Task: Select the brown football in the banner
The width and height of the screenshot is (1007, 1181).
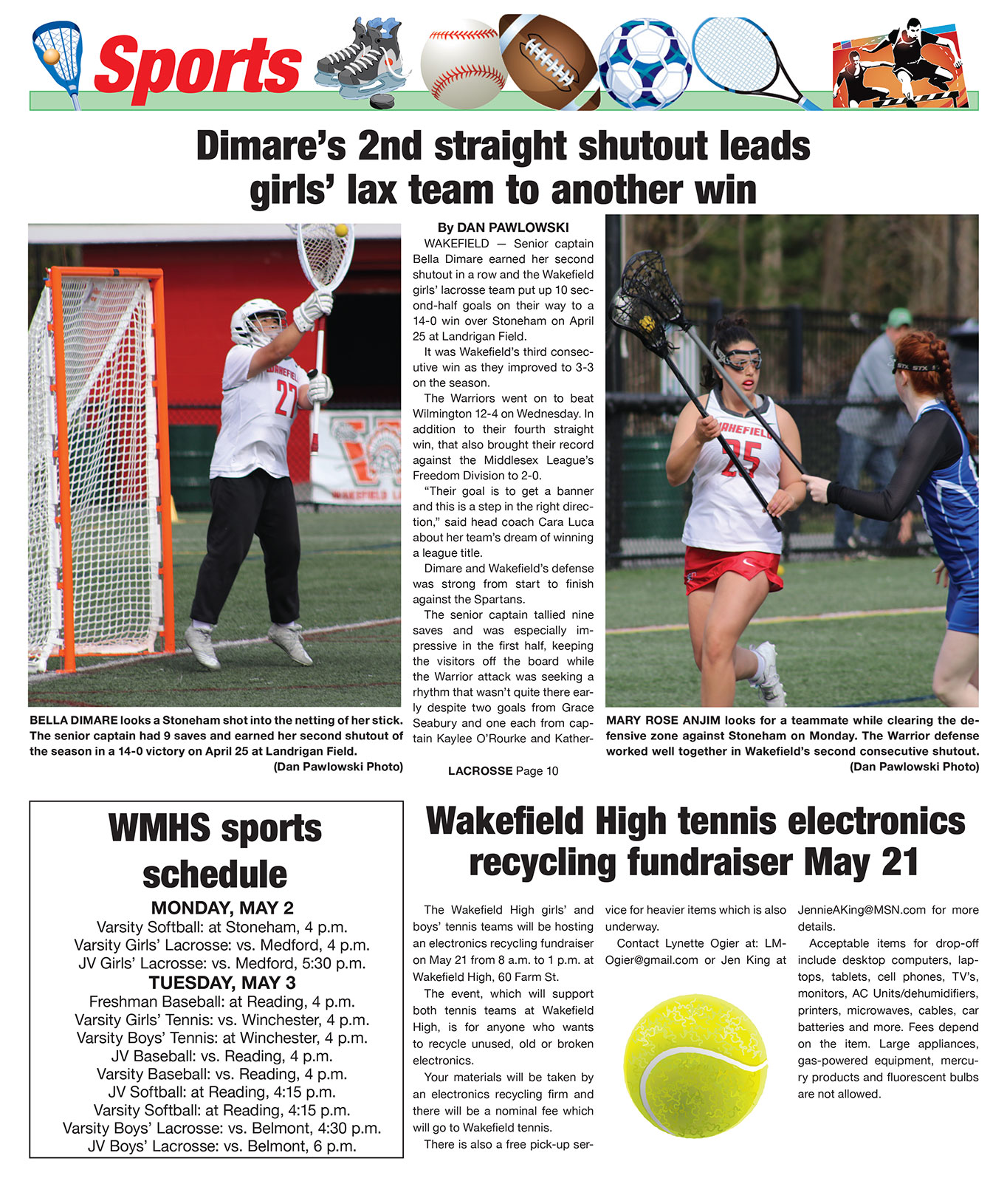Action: [549, 63]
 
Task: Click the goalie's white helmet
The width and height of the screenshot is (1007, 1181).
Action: [257, 321]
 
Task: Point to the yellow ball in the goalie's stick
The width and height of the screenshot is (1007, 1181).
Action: [341, 230]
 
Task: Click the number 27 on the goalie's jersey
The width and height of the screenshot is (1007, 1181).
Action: [286, 399]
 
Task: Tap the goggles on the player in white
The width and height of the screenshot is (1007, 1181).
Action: [736, 359]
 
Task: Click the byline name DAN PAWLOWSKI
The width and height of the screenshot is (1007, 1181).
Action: [513, 227]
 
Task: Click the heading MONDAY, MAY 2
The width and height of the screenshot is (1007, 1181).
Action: [222, 908]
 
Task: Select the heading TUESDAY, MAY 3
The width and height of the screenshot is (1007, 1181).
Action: [222, 982]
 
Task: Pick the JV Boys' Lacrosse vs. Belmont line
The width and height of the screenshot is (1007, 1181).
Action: [222, 1146]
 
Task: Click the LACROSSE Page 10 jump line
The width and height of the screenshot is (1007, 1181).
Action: [503, 771]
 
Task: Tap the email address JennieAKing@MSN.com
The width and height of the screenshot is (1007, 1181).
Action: [861, 910]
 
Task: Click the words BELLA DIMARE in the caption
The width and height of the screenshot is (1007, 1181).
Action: [74, 720]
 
